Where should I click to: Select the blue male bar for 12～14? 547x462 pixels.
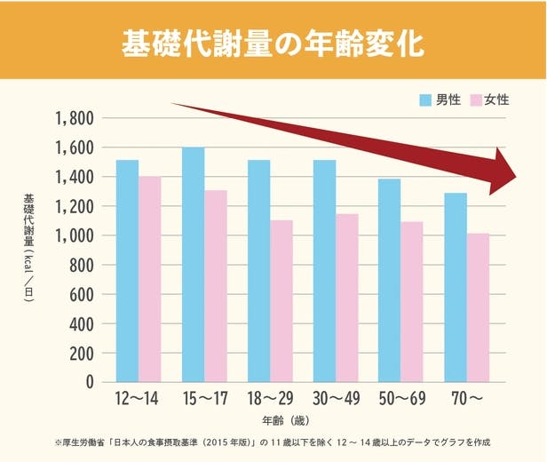[127, 270]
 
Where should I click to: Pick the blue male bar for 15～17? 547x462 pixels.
[193, 264]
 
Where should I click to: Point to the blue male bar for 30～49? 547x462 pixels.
[324, 270]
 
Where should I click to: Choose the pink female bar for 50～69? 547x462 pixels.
[412, 301]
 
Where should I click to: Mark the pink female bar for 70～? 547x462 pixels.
[478, 307]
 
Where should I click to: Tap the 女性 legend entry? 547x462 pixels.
[490, 100]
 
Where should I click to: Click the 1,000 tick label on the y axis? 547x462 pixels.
[75, 236]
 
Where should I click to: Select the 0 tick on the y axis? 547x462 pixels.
[89, 383]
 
